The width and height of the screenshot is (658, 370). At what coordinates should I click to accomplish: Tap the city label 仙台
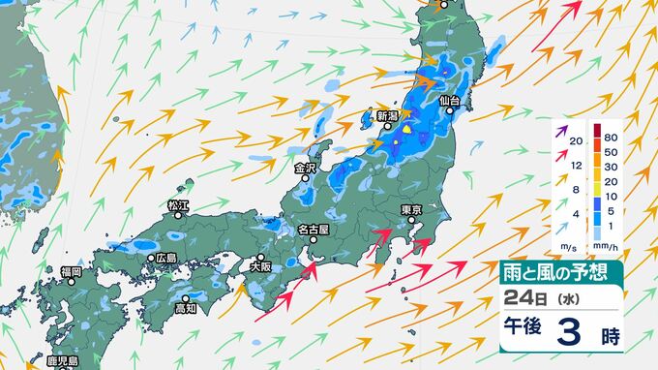click(448, 101)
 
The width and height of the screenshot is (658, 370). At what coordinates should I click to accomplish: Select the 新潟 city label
click(387, 116)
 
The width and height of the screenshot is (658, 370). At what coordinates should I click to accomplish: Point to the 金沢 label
click(305, 168)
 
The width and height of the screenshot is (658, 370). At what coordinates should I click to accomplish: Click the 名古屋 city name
click(314, 230)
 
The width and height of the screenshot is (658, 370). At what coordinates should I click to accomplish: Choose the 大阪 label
click(260, 265)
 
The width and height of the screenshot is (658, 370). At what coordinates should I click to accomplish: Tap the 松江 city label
click(176, 206)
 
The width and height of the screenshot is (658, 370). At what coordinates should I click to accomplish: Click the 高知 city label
click(186, 309)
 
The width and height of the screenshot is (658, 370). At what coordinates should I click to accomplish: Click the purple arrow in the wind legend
click(561, 127)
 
